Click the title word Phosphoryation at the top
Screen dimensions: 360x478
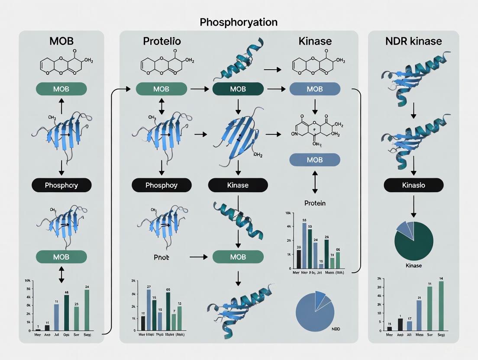(239, 22)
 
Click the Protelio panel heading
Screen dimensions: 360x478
(162, 42)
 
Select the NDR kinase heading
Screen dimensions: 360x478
(413, 42)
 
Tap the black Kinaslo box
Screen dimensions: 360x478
(413, 185)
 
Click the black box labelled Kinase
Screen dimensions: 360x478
(238, 185)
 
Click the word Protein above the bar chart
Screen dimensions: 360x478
(315, 203)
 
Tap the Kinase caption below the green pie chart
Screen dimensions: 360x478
(413, 265)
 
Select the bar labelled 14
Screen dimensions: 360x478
(441, 305)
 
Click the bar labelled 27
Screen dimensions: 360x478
(149, 310)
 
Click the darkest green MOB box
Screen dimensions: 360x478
(238, 89)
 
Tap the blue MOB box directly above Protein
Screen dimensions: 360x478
(314, 160)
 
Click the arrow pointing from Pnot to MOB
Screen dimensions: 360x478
(199, 257)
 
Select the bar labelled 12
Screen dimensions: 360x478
(179, 318)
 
